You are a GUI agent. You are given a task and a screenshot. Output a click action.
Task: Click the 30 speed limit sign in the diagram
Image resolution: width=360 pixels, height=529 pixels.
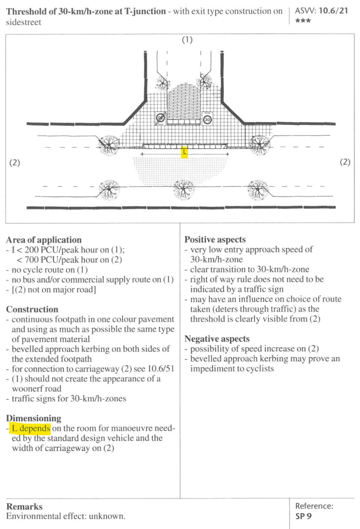207,119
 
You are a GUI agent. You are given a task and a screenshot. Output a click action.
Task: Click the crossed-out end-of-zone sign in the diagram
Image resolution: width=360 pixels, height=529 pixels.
160,118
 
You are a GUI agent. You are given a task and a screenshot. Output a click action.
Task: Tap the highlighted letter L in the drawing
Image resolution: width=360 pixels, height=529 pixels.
184,152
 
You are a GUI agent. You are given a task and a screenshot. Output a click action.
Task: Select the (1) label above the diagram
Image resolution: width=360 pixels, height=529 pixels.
187,40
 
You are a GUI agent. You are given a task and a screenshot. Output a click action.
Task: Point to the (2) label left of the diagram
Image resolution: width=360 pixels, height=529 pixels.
15,162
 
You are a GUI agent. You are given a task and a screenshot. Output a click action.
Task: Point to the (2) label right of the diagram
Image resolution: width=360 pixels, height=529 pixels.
345,162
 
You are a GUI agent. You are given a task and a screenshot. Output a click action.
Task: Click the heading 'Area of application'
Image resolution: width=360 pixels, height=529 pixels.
44,240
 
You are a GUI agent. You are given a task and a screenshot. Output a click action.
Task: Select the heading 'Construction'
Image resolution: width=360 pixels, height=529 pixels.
32,309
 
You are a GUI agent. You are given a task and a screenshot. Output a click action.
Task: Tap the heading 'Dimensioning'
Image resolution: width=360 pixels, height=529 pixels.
34,418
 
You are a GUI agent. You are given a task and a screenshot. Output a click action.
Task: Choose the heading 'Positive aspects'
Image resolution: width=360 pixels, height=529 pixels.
215,240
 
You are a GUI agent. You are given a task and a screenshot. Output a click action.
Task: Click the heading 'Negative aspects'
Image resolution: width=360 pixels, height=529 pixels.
217,339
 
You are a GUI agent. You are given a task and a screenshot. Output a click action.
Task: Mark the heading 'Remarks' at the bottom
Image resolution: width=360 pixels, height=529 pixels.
24,507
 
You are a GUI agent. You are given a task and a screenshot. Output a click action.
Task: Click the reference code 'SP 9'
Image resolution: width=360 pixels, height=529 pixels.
303,516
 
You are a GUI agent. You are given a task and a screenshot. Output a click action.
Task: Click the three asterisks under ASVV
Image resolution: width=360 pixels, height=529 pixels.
303,21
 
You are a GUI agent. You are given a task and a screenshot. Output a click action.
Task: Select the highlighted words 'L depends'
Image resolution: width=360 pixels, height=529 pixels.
31,428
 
